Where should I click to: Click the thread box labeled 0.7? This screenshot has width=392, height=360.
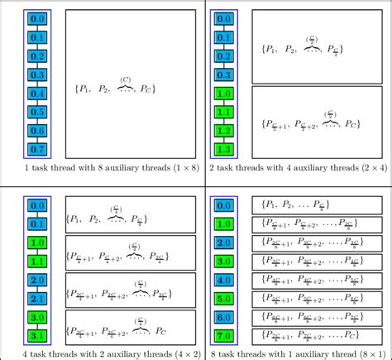point(37,149)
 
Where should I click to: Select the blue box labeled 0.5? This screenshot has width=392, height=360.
point(37,111)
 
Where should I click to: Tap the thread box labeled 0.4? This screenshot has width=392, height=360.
point(37,92)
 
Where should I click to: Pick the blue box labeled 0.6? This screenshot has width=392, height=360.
point(37,130)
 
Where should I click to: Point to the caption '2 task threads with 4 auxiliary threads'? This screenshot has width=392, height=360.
point(298,168)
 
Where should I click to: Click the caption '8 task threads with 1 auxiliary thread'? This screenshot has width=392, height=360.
point(298,354)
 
